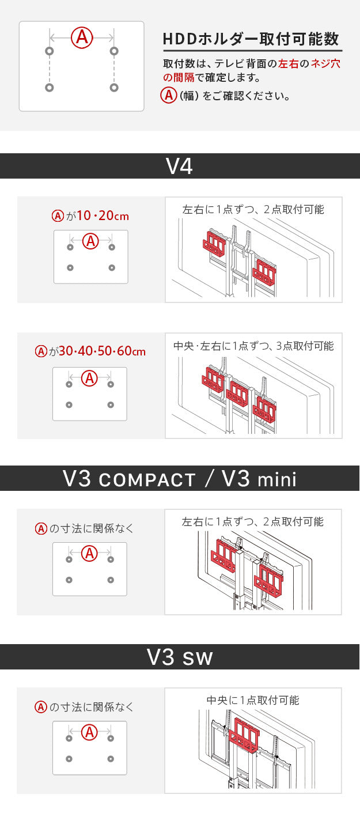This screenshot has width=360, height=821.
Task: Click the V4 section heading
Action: pos(179,166)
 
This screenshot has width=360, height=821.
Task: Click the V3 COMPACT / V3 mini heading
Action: pos(179,479)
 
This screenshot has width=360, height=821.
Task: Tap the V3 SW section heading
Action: pos(179,657)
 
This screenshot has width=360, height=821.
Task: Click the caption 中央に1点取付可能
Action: pos(253,700)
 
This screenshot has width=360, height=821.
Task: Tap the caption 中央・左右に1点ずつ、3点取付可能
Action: pos(253,346)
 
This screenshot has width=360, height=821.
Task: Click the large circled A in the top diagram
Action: pos(82,37)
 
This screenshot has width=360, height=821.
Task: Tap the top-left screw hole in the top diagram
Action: pos(49,51)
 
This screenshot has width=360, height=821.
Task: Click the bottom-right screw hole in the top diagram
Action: pos(114,88)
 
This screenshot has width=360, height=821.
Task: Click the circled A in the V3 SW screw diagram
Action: pos(89,732)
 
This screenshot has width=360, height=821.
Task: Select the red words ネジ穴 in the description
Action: pos(325,64)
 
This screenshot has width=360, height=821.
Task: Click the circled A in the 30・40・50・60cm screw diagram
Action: pos(89,379)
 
